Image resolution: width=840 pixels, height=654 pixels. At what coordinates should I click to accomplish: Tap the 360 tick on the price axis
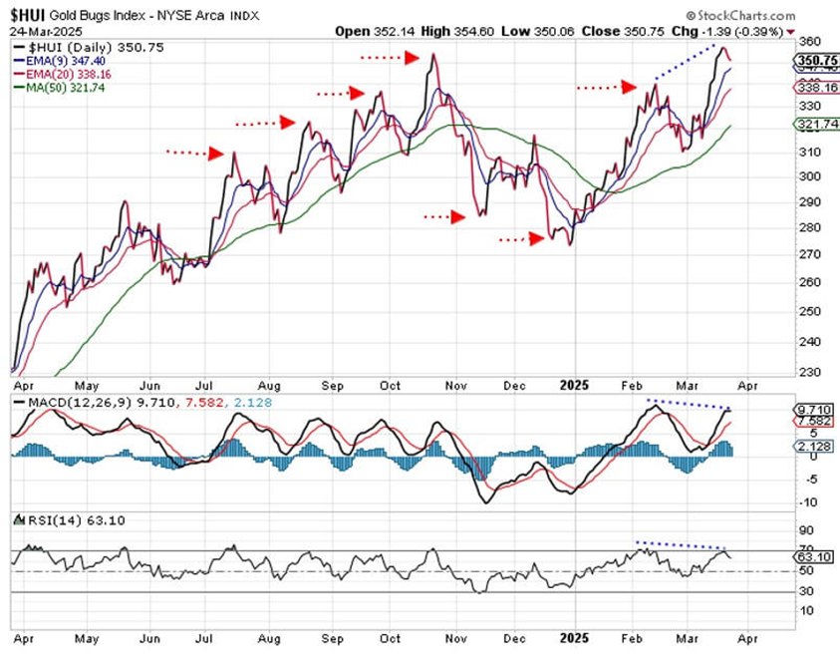(809, 42)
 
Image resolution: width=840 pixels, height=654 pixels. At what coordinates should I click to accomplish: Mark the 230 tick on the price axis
(809, 373)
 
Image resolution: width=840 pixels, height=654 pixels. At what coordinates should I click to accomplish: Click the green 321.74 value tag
(817, 124)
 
